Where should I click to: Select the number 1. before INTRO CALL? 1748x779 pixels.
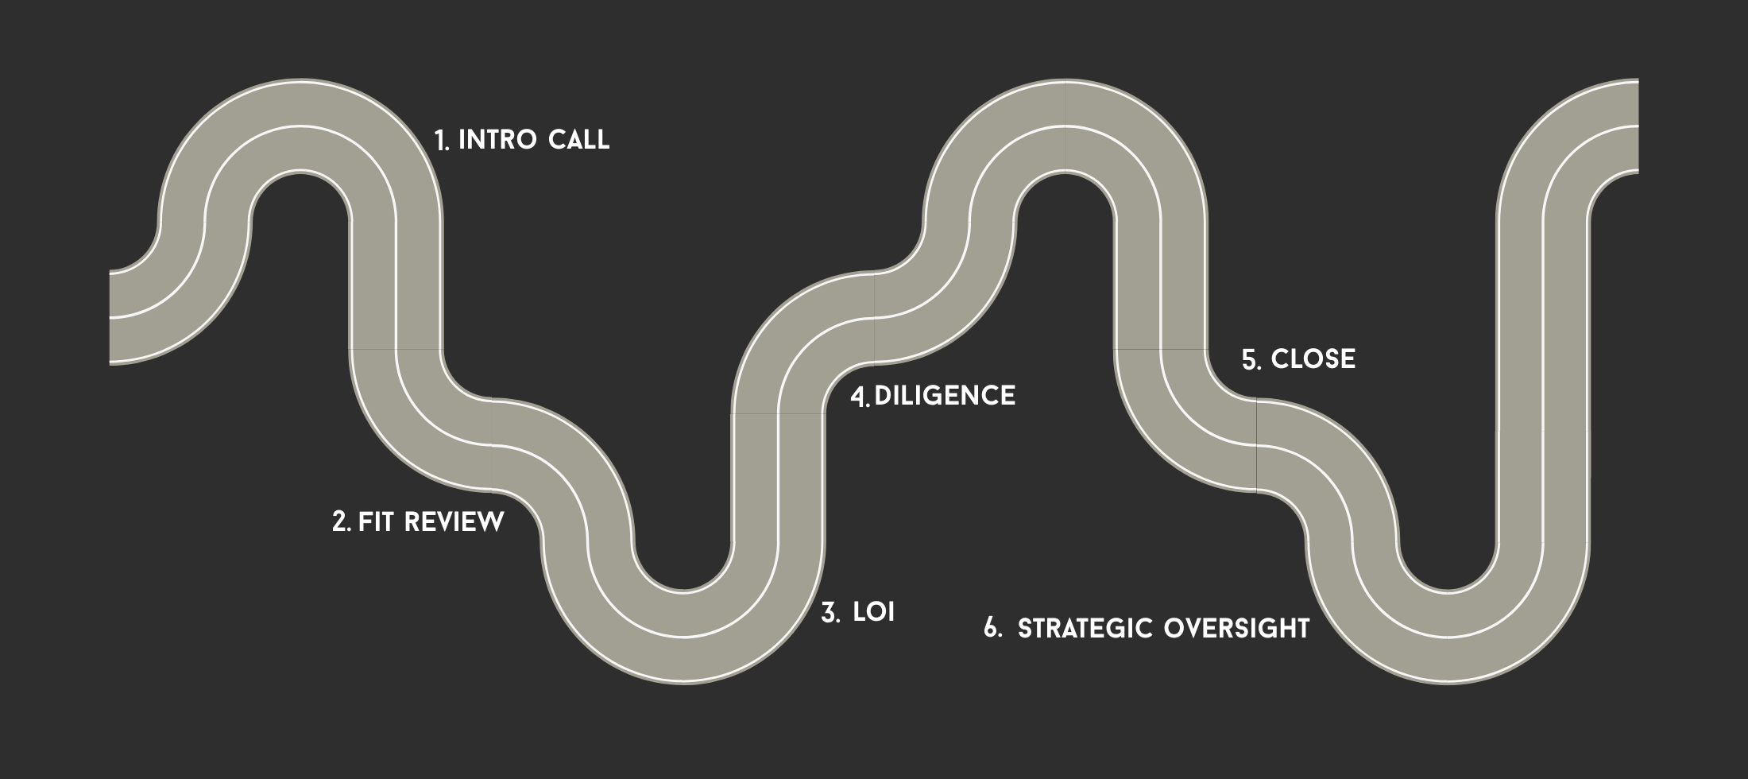(442, 141)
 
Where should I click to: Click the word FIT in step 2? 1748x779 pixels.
(377, 522)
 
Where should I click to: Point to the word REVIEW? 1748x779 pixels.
(454, 522)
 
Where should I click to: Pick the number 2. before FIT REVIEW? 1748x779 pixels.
(341, 522)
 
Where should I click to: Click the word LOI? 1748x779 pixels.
(873, 612)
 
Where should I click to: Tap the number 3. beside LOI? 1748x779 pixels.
(830, 613)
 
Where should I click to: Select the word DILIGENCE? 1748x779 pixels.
(945, 396)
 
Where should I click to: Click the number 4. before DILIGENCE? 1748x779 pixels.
(860, 397)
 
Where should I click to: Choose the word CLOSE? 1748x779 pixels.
(1313, 359)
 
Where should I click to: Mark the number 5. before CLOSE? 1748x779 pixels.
(1251, 360)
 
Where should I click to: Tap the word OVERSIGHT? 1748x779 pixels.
(1236, 628)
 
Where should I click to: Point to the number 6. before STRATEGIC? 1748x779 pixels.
(992, 628)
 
